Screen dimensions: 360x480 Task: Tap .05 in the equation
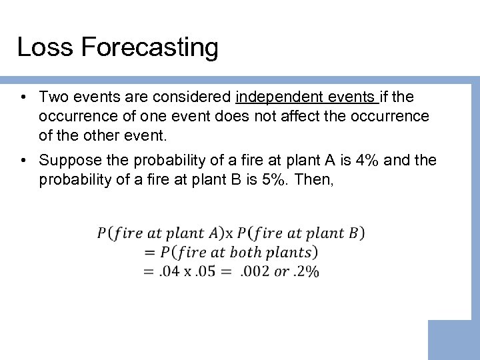[211, 271]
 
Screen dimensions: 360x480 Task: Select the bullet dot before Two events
[23, 98]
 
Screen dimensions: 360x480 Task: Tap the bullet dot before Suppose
[23, 161]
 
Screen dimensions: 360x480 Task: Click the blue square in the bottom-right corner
[453, 340]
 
